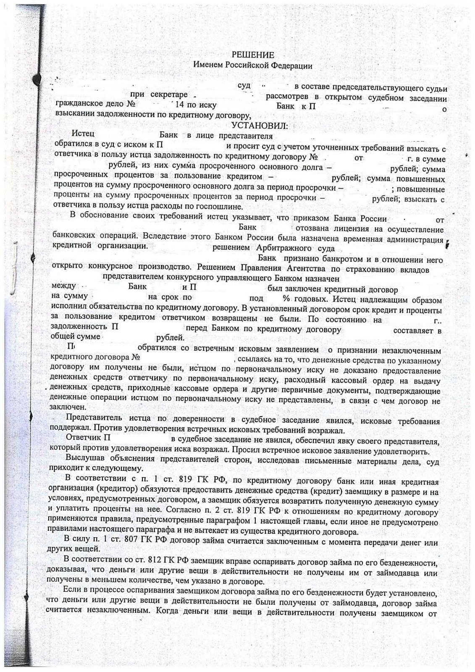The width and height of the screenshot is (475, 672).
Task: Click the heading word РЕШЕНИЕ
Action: (x=253, y=55)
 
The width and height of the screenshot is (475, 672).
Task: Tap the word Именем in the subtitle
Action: (x=208, y=66)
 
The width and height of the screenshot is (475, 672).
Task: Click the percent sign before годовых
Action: (x=286, y=299)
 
